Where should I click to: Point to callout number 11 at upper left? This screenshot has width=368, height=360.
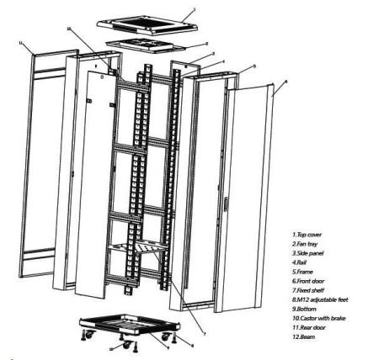(20, 40)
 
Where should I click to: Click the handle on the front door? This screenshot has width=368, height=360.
(227, 204)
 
